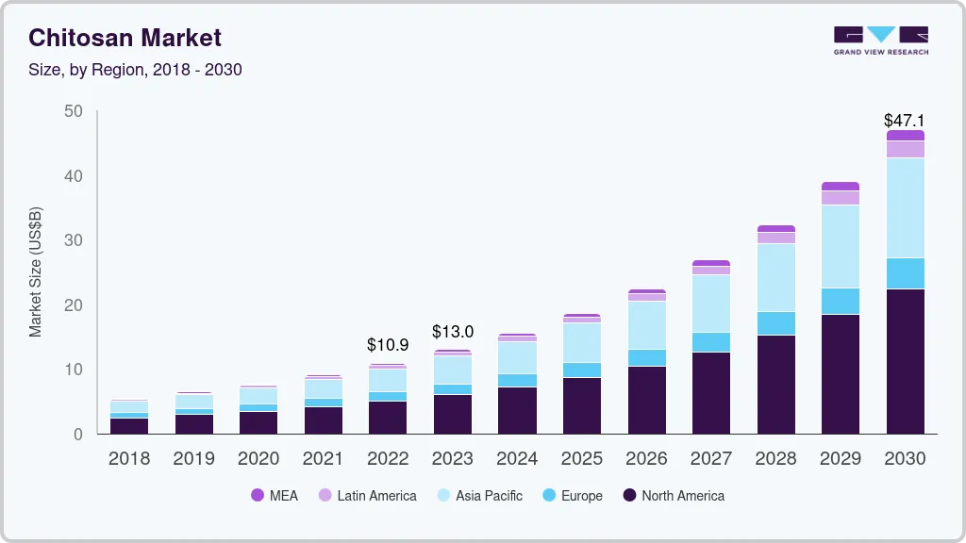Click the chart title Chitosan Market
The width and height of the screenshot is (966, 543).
[x=125, y=38]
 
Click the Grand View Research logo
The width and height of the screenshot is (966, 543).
[x=880, y=41]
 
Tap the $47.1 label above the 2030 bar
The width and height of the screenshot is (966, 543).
[x=903, y=121]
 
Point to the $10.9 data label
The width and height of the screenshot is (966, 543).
[x=388, y=345]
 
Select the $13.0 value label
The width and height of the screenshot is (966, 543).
[x=453, y=332]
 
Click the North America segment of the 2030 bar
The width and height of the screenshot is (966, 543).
[x=905, y=361]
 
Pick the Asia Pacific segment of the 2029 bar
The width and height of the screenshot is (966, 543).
[x=840, y=246]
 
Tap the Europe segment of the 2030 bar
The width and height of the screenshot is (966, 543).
[x=905, y=273]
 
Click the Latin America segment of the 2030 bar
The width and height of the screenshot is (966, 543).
[x=905, y=149]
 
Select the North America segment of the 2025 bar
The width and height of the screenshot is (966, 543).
[x=582, y=405]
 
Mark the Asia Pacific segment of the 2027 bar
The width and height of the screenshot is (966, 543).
[x=710, y=303]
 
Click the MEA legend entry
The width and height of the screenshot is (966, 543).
[x=275, y=495]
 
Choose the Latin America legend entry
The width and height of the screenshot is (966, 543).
[x=367, y=495]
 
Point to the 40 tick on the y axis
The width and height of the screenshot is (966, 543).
[x=74, y=176]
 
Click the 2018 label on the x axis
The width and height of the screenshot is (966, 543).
[x=128, y=459]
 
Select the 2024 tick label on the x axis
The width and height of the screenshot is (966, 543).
[x=517, y=459]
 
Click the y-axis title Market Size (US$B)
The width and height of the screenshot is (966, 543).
[x=36, y=271]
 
